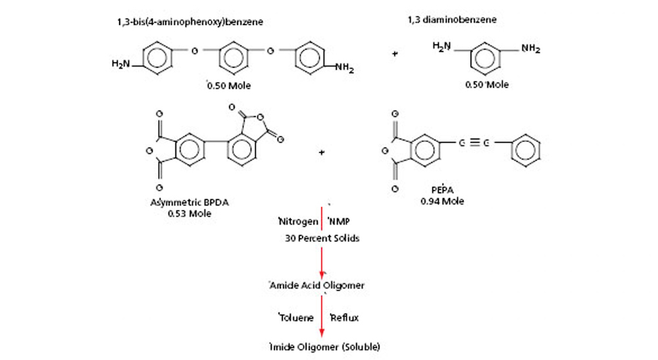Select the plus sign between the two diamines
point(395,53)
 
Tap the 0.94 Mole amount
point(442,201)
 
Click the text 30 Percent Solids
point(321,238)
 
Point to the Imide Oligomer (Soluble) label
point(320,347)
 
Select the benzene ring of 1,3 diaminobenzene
point(486,59)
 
